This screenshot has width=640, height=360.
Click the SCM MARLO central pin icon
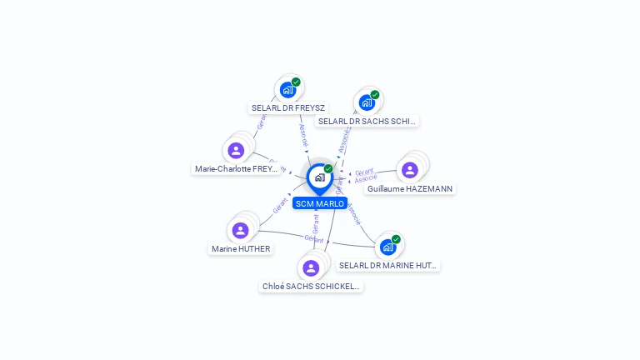pyautogui.click(x=319, y=177)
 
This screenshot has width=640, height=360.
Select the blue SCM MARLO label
pyautogui.click(x=319, y=203)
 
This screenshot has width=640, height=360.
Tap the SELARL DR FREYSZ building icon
pyautogui.click(x=287, y=89)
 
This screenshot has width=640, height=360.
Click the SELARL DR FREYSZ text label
pyautogui.click(x=288, y=107)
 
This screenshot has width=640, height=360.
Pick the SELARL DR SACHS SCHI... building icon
pyautogui.click(x=367, y=102)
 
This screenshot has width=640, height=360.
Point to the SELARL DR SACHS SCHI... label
pyautogui.click(x=367, y=121)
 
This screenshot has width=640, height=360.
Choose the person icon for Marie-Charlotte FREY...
pyautogui.click(x=236, y=150)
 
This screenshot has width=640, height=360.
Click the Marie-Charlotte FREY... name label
pyautogui.click(x=236, y=168)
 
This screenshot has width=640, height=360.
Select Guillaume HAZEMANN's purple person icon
pyautogui.click(x=409, y=170)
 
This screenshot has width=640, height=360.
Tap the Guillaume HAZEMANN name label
pyautogui.click(x=410, y=188)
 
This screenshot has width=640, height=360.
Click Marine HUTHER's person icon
pyautogui.click(x=240, y=230)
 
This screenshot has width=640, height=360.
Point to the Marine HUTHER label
pyautogui.click(x=241, y=248)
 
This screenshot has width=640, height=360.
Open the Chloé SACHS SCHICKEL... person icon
pyautogui.click(x=311, y=267)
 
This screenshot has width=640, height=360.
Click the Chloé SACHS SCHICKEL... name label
pyautogui.click(x=311, y=286)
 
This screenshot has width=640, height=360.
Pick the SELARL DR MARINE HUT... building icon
pyautogui.click(x=387, y=247)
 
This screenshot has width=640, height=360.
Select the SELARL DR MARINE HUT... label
pyautogui.click(x=388, y=265)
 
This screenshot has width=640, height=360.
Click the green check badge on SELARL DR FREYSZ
pyautogui.click(x=296, y=82)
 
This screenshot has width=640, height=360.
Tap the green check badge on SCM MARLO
pyautogui.click(x=328, y=169)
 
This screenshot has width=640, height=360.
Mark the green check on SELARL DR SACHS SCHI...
pyautogui.click(x=375, y=95)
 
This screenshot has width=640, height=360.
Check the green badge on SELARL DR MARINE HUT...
pyautogui.click(x=396, y=239)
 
